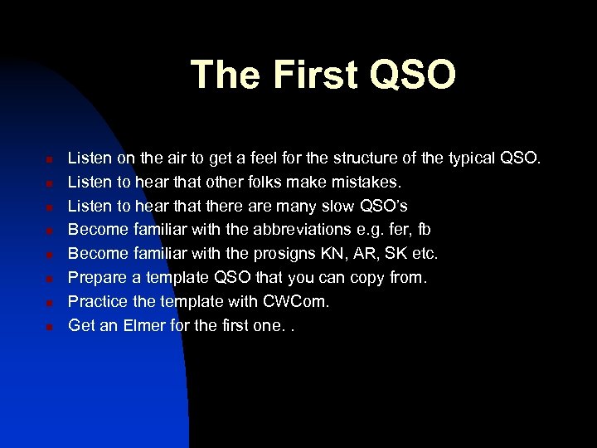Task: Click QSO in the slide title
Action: coord(413,75)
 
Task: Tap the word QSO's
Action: coord(385,205)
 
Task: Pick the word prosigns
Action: coord(283,253)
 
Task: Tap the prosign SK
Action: coord(395,253)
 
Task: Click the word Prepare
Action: coord(95,277)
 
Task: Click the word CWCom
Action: coord(298,301)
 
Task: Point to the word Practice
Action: coord(95,301)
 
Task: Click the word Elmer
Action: coord(145,325)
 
